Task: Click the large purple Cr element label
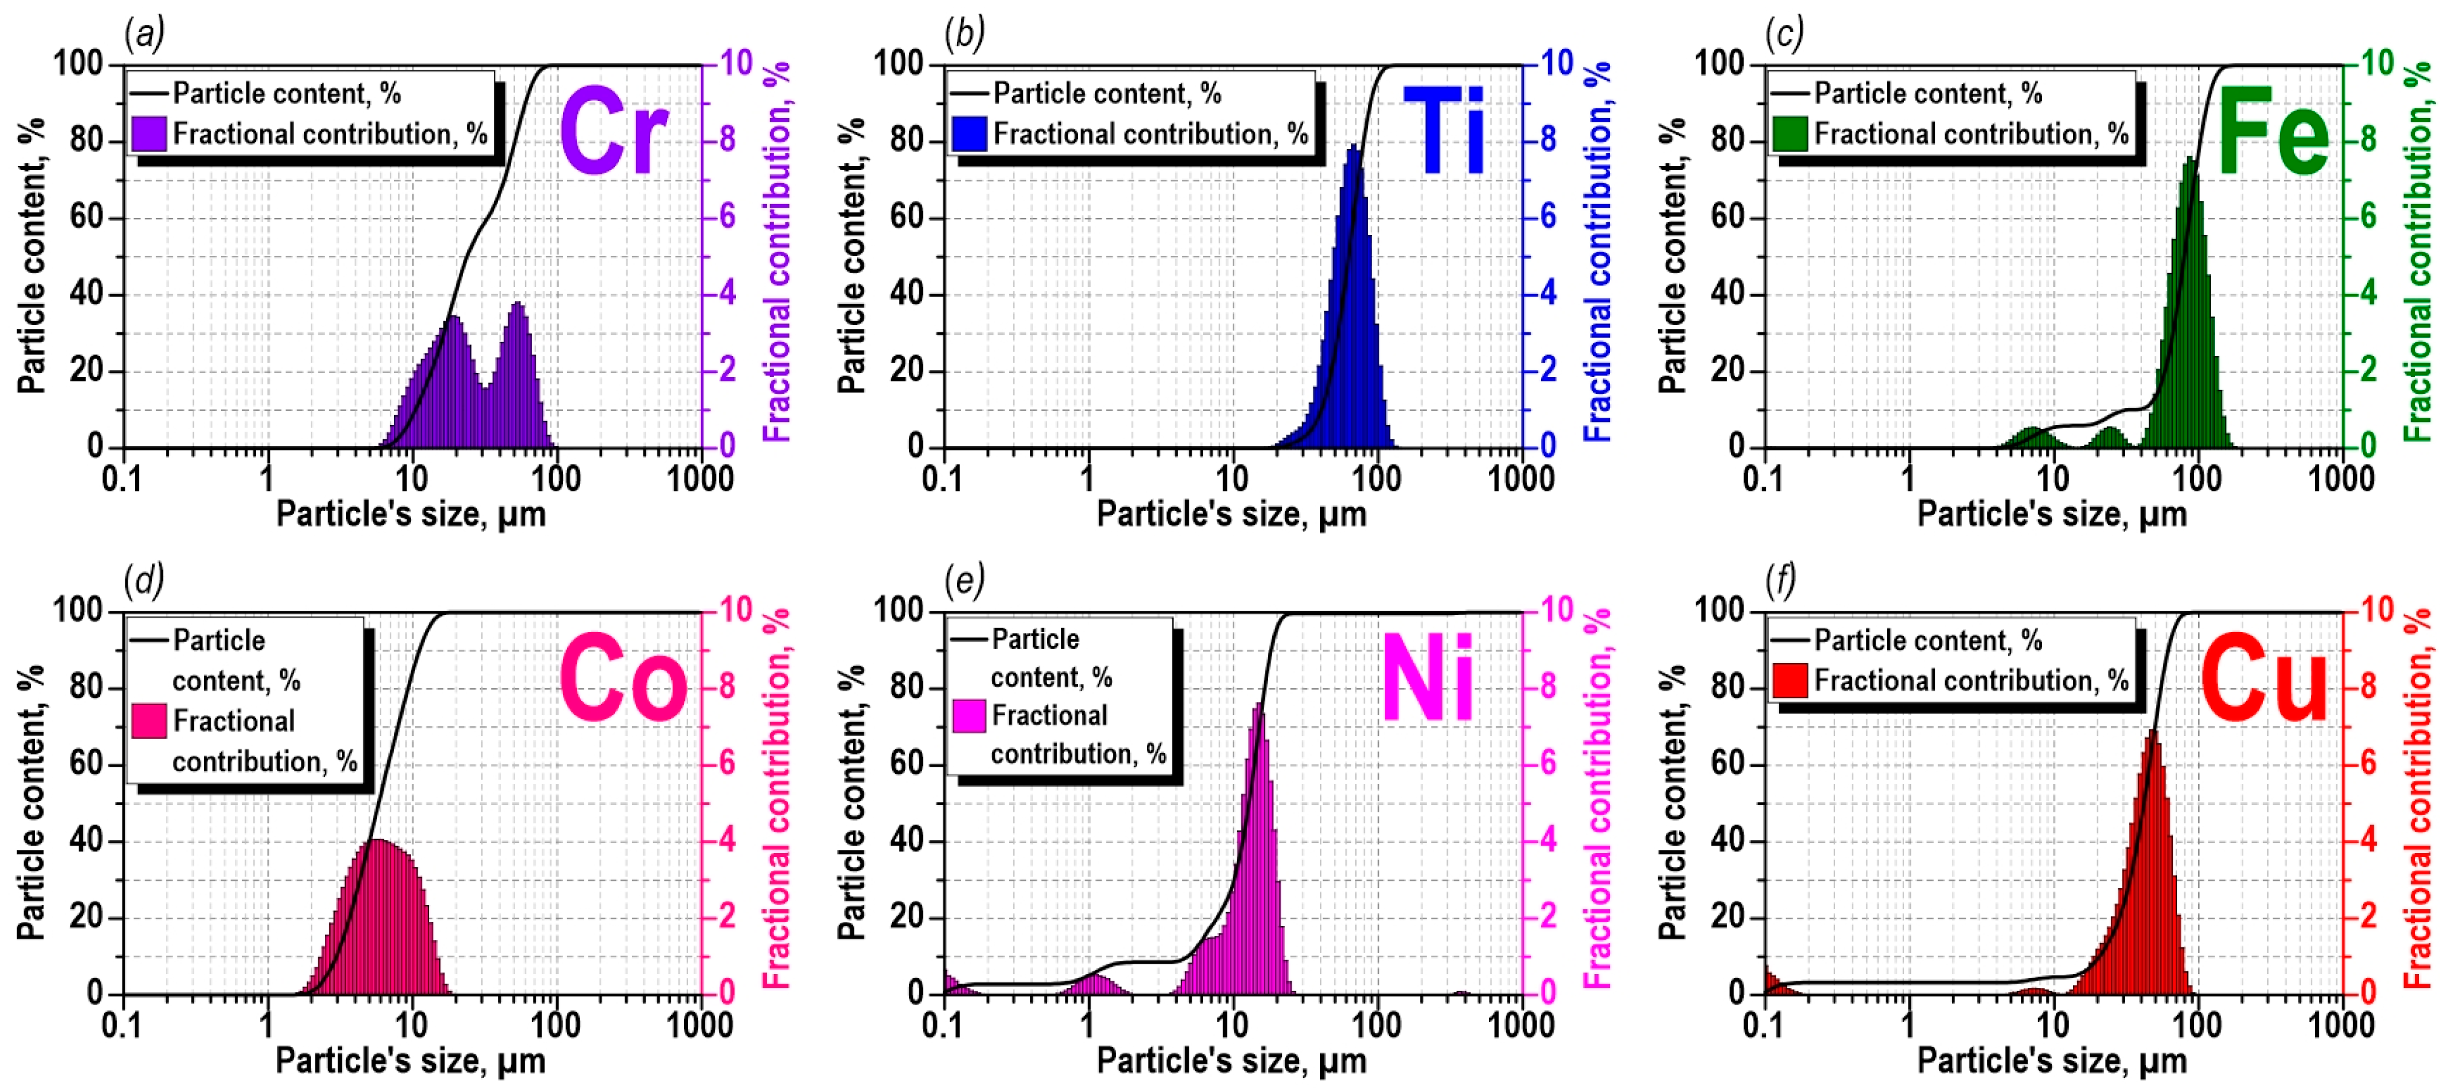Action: [x=614, y=131]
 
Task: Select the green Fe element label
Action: [x=2273, y=131]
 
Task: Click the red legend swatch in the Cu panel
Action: [x=1790, y=681]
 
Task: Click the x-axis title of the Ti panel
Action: [x=1232, y=515]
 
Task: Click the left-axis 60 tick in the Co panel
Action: [x=85, y=764]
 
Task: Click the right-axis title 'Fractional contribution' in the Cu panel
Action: [x=2419, y=799]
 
